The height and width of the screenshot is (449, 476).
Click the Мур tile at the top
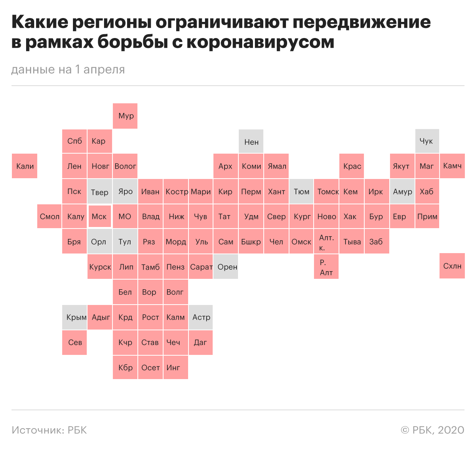125,116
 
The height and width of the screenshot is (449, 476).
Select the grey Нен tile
251,142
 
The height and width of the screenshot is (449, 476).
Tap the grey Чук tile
427,141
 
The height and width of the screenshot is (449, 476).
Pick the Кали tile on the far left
25,166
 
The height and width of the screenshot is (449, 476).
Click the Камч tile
452,166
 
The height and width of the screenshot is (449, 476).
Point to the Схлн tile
452,266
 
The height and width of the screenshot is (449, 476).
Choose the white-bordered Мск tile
99,217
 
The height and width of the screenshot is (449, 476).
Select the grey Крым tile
74,317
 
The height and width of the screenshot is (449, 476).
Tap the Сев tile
74,342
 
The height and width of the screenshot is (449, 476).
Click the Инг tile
175,368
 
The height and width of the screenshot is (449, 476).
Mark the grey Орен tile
226,267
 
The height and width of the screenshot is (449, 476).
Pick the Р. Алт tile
326,267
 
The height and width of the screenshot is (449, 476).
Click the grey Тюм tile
301,191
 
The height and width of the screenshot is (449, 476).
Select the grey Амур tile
402,191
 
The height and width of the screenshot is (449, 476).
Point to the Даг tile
200,342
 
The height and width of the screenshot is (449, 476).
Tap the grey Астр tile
200,317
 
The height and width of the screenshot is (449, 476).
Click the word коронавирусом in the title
260,42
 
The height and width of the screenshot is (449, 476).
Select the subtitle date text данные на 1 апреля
68,70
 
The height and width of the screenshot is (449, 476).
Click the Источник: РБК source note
49,430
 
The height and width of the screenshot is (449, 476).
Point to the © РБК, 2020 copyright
432,430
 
